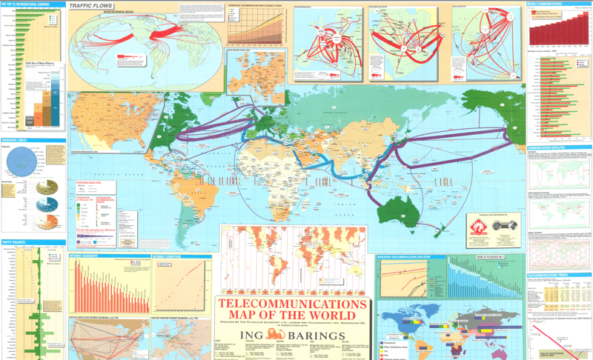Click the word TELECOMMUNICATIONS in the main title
point(292,304)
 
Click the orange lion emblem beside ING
point(276,337)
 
